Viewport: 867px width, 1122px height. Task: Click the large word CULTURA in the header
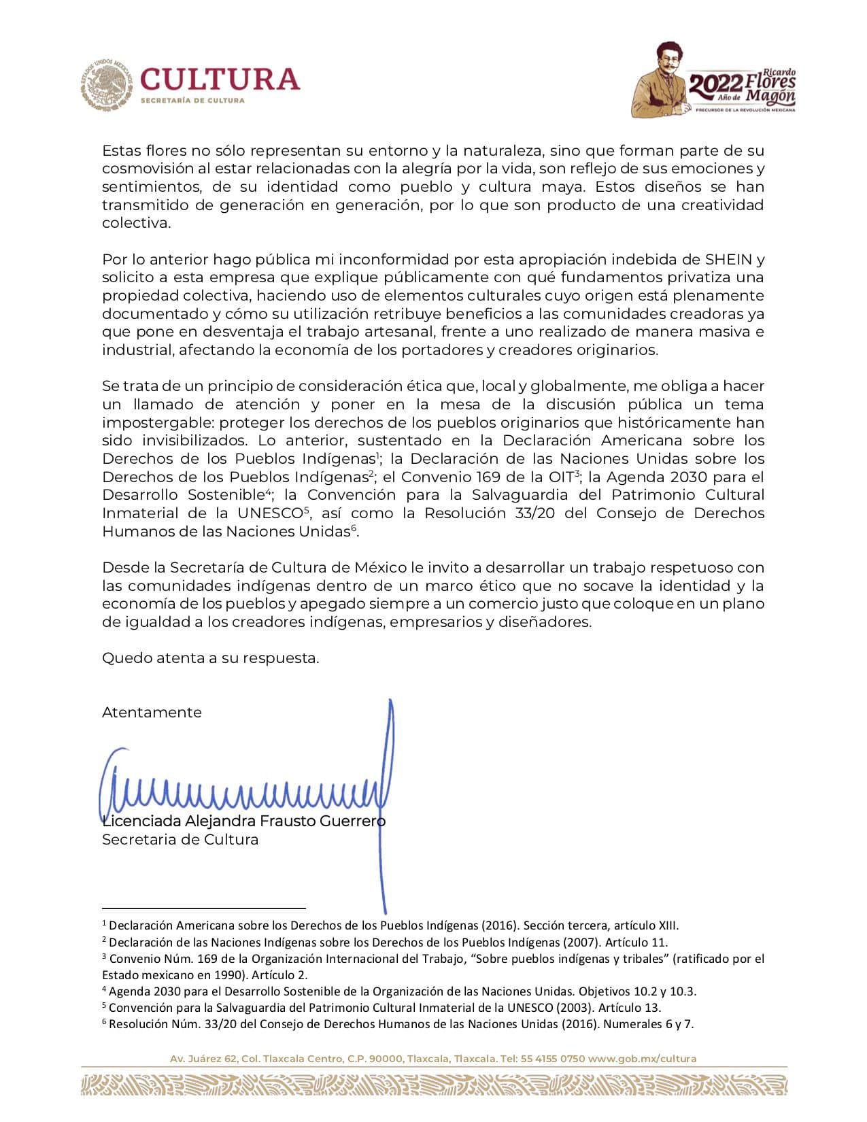220,80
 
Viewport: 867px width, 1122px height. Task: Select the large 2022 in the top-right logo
715,84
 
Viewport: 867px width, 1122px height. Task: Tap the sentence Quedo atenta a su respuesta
211,658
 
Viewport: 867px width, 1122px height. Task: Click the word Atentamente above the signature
152,713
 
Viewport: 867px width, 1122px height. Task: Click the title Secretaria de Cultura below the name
180,840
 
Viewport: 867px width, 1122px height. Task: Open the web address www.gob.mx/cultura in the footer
642,1059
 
